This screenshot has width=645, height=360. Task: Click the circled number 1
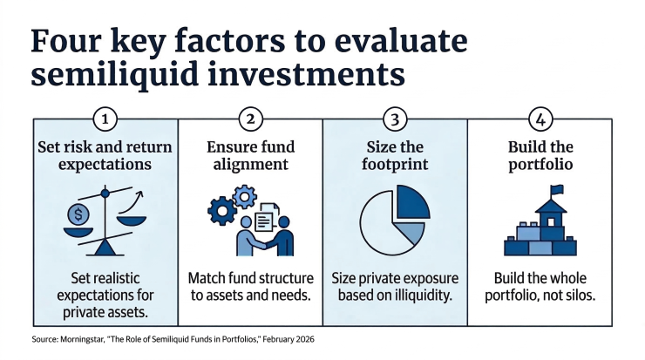(105, 119)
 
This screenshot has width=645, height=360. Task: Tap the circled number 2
(250, 119)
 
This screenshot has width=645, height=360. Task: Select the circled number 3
(395, 119)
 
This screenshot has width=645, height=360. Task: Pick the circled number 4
(540, 119)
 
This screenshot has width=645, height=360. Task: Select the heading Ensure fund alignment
(250, 153)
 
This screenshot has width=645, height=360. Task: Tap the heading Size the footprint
(395, 153)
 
